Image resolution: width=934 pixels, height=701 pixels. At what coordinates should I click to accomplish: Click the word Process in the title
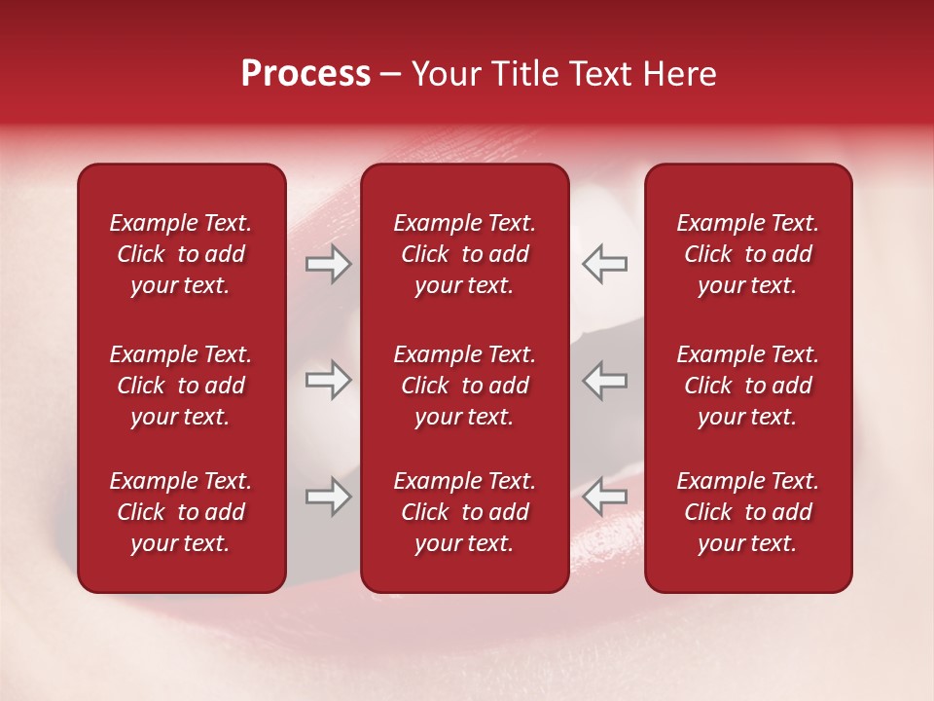coord(305,74)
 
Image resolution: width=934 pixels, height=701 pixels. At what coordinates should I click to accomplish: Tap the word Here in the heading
coord(679,74)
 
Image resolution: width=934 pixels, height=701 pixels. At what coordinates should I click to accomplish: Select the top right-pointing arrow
coord(329,264)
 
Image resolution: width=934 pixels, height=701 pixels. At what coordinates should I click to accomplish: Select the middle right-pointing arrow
coord(329,380)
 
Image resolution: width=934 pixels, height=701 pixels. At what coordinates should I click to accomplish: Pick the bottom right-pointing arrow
coord(329,498)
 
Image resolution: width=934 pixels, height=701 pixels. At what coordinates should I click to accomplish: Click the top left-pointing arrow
coord(605,264)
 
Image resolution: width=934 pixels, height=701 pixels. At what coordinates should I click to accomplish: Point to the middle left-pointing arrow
coord(605,380)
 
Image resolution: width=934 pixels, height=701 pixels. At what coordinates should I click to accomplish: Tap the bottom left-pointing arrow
coord(605,498)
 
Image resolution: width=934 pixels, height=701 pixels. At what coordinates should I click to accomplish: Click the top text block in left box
coord(181,254)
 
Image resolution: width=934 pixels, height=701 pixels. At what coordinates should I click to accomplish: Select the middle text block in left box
coord(181,386)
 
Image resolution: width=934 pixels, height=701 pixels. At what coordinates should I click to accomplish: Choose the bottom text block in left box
coord(181,512)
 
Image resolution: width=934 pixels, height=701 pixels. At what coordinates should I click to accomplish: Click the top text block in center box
coord(465,254)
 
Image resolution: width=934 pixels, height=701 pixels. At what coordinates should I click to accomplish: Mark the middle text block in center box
coord(465,386)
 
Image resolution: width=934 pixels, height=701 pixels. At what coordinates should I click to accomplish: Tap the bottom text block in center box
coord(465,512)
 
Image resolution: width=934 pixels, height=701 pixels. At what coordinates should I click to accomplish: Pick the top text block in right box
coord(748,254)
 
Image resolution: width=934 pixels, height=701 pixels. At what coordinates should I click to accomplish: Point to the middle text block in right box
coord(748,386)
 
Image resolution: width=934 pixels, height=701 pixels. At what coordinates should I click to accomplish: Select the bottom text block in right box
coord(748,512)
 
